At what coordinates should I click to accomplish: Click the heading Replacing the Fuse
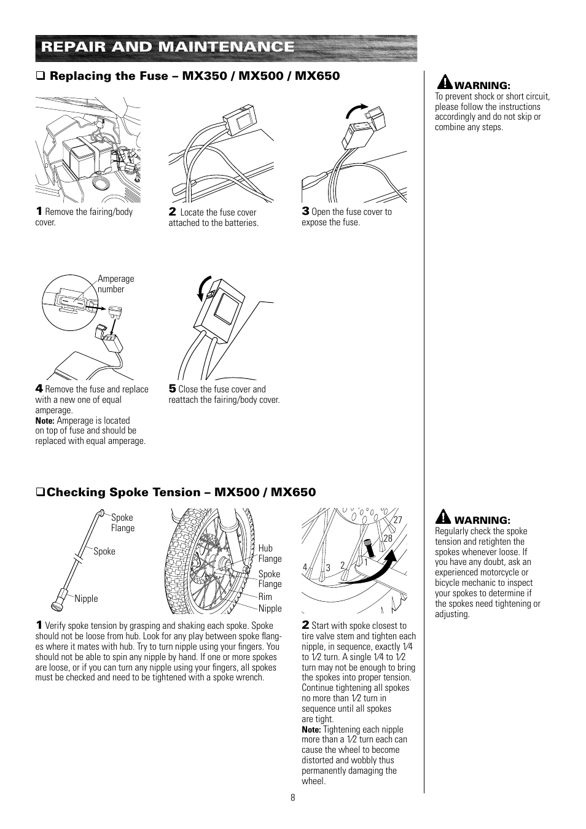pos(194,76)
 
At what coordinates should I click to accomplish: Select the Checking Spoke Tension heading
pos(181,492)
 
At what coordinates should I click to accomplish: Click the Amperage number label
pos(115,284)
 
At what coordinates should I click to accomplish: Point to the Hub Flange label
pos(270,553)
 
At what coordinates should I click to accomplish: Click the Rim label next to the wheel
pos(265,596)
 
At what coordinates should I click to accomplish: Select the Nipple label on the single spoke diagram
pos(86,599)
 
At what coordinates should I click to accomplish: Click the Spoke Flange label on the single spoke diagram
pos(122,523)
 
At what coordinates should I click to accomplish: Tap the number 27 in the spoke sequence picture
pos(397,520)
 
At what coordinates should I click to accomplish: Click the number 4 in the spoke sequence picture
pos(304,567)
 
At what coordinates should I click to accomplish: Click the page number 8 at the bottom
pos(293,798)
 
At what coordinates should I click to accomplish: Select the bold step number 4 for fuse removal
pos(39,388)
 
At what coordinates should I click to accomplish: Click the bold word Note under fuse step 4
pos(45,421)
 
